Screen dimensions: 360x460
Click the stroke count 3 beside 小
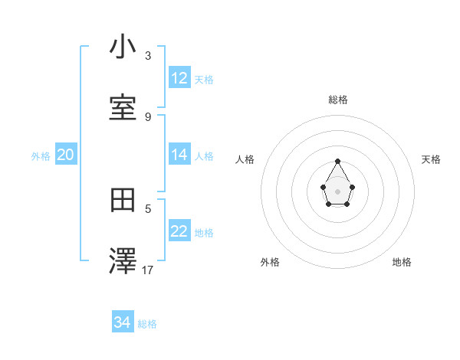click(x=148, y=56)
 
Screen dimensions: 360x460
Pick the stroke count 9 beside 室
click(x=148, y=116)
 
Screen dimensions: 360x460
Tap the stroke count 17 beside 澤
click(x=148, y=270)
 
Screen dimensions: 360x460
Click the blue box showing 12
click(x=179, y=78)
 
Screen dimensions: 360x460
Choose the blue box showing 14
click(x=179, y=155)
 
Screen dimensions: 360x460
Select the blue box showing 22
click(x=179, y=231)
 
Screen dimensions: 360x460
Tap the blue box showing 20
click(x=65, y=155)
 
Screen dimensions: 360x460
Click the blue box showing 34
click(x=123, y=323)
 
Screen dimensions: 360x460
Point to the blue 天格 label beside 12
click(x=204, y=79)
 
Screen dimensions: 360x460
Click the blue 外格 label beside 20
click(x=41, y=155)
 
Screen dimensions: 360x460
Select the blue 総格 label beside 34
click(x=147, y=324)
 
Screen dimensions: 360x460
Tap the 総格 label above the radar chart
click(x=338, y=100)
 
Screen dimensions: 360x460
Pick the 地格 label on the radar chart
click(x=402, y=262)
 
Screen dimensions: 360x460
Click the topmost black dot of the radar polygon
click(x=337, y=161)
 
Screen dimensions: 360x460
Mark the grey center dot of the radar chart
click(x=337, y=190)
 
